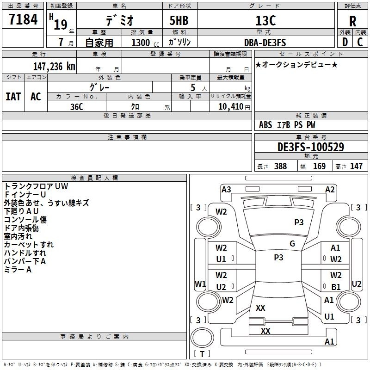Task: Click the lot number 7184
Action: click(x=23, y=19)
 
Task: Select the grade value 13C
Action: click(x=265, y=20)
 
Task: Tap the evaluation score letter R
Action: click(x=352, y=21)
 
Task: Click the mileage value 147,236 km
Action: click(x=54, y=66)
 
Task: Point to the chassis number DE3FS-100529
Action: click(x=311, y=147)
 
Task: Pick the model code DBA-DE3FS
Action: click(x=265, y=43)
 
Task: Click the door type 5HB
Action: click(x=179, y=20)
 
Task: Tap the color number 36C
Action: click(x=77, y=107)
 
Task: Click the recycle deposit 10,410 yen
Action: click(x=234, y=107)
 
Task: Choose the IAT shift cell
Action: click(x=13, y=97)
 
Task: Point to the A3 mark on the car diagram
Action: click(x=226, y=190)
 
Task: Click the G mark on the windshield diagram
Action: click(x=292, y=244)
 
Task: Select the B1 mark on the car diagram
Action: click(x=336, y=287)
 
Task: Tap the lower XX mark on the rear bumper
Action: click(x=265, y=331)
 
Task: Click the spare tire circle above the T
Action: click(x=202, y=338)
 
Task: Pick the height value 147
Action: click(x=356, y=166)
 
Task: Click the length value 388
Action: click(x=281, y=166)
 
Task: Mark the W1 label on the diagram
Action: click(x=200, y=284)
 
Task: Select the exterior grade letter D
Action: click(x=345, y=42)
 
